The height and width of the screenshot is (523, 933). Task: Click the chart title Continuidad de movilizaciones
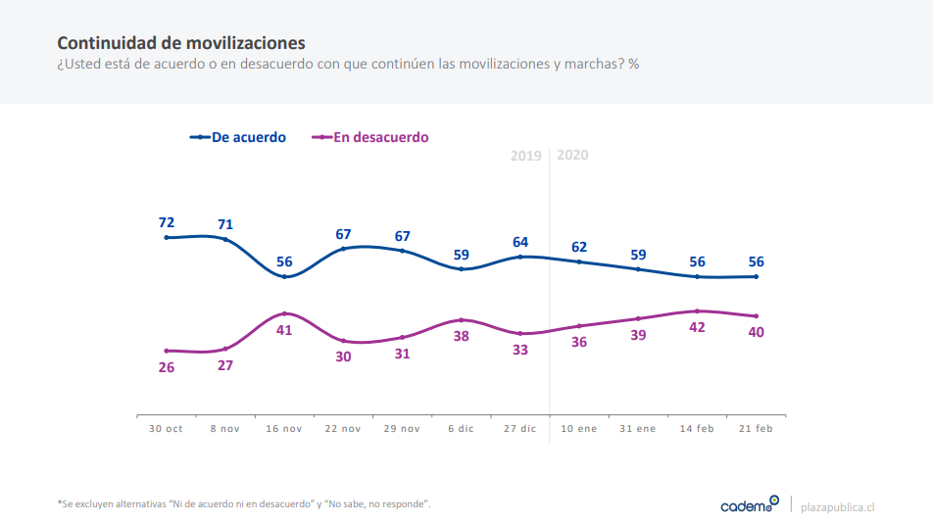pyautogui.click(x=180, y=43)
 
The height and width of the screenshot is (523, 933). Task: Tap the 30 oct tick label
pyautogui.click(x=166, y=429)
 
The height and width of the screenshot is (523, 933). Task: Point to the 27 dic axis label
pyautogui.click(x=520, y=429)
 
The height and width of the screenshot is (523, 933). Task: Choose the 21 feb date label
pyautogui.click(x=756, y=429)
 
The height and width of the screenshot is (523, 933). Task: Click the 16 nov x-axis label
pyautogui.click(x=284, y=429)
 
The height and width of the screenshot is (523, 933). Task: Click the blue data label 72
pyautogui.click(x=167, y=222)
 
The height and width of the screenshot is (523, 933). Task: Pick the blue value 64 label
pyautogui.click(x=520, y=242)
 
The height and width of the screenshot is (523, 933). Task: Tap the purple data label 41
pyautogui.click(x=284, y=330)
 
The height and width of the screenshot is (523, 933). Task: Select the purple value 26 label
pyautogui.click(x=167, y=367)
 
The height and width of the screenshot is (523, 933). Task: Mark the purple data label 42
pyautogui.click(x=697, y=328)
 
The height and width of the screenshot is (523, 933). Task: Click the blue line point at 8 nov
pyautogui.click(x=225, y=239)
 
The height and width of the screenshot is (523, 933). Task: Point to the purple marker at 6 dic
pyautogui.click(x=462, y=319)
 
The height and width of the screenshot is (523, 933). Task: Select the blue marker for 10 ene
pyautogui.click(x=579, y=261)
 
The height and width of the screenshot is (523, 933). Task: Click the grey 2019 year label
pyautogui.click(x=526, y=155)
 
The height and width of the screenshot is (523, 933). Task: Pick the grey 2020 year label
pyautogui.click(x=572, y=155)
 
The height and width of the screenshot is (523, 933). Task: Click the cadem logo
pyautogui.click(x=749, y=504)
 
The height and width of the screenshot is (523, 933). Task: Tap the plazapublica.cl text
pyautogui.click(x=837, y=506)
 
